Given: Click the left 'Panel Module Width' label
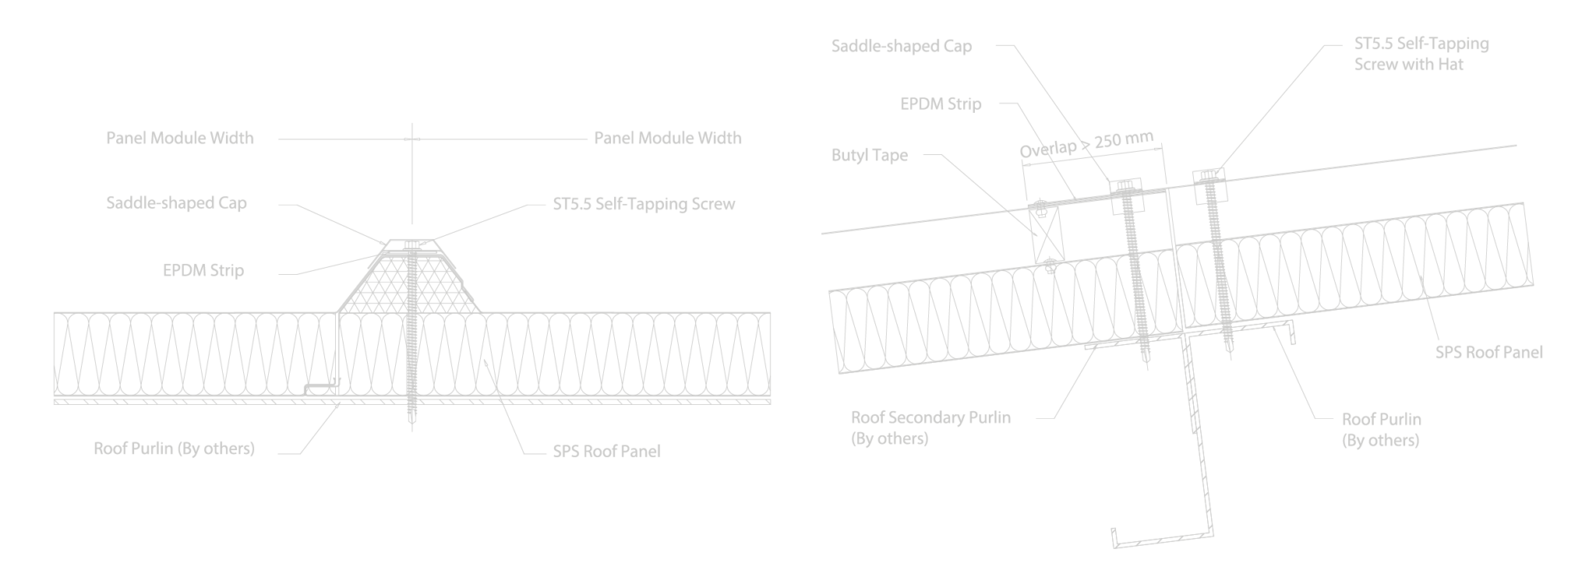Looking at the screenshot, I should point(180,139).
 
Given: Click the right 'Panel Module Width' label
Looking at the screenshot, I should point(667,139).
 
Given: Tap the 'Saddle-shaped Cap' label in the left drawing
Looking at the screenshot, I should point(177,203).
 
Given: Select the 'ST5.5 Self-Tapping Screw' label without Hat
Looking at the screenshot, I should point(643,204).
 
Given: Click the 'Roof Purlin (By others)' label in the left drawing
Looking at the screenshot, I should point(174,449).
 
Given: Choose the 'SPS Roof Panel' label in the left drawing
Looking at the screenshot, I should point(606,451).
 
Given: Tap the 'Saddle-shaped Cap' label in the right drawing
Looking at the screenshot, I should point(902,46).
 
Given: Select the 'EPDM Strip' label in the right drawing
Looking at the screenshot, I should point(941,104).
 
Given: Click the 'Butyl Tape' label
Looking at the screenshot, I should point(869,155).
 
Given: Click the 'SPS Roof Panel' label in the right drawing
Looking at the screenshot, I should point(1488,352).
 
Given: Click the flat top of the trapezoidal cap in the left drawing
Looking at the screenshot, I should point(411,240).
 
